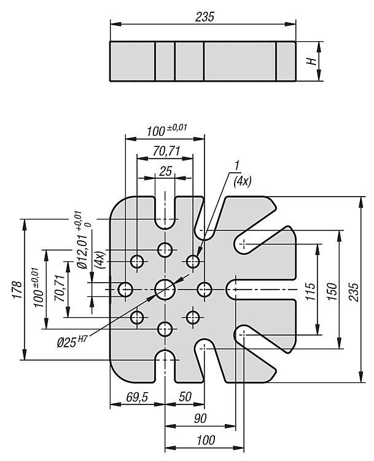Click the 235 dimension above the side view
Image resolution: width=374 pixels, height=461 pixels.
(205, 17)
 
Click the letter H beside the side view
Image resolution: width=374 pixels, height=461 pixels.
(311, 61)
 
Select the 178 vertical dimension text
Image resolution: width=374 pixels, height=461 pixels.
(17, 290)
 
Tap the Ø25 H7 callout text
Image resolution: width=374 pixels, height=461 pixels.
(72, 342)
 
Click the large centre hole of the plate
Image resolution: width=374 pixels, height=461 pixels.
(165, 290)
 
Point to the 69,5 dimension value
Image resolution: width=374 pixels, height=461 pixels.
(137, 397)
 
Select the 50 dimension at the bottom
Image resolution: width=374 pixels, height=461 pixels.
(185, 396)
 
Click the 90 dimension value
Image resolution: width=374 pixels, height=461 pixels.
(200, 418)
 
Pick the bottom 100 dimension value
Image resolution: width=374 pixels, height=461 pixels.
(206, 440)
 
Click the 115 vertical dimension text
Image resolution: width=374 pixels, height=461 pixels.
(310, 291)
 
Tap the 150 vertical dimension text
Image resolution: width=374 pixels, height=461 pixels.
(332, 291)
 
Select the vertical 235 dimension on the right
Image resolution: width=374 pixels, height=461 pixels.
(354, 292)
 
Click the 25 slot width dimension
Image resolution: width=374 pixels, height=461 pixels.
(165, 171)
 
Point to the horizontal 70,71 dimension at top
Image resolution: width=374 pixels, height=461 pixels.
(166, 151)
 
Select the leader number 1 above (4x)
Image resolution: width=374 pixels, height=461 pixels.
(237, 165)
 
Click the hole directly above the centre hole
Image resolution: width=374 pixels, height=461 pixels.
(165, 250)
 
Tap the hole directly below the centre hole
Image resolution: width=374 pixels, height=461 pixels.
(165, 329)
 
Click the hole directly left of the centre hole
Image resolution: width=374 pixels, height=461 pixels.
(125, 290)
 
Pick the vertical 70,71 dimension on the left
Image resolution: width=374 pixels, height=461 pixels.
(60, 288)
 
